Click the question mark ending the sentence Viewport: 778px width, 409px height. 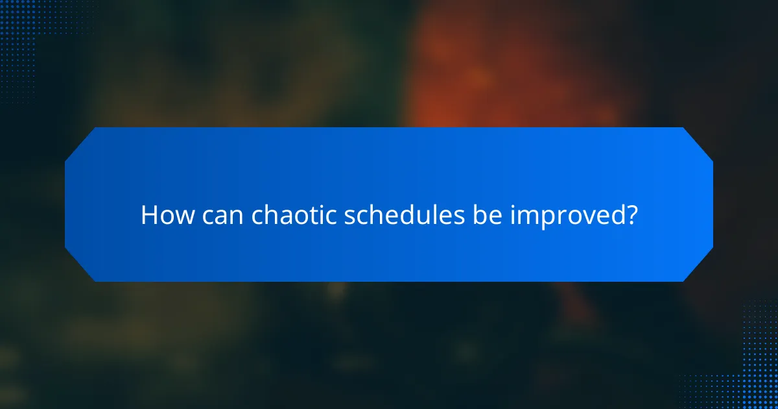tap(629, 215)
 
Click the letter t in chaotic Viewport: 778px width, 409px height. tap(314, 215)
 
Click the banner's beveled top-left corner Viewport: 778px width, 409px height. tap(79, 142)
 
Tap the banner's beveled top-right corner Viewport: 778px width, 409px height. tap(698, 142)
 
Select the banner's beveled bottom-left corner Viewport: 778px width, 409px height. tap(79, 267)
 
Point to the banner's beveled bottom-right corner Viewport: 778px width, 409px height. tap(698, 267)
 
